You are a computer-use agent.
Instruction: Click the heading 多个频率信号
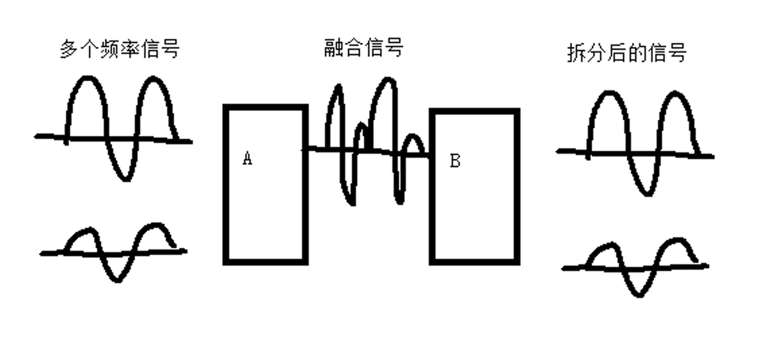point(119,50)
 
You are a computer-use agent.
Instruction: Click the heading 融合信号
point(363,48)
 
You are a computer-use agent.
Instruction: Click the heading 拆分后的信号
point(627,53)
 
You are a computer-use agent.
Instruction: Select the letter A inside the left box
point(247,159)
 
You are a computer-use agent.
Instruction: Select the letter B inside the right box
point(455,161)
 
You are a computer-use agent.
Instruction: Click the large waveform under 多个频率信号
point(121,128)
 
